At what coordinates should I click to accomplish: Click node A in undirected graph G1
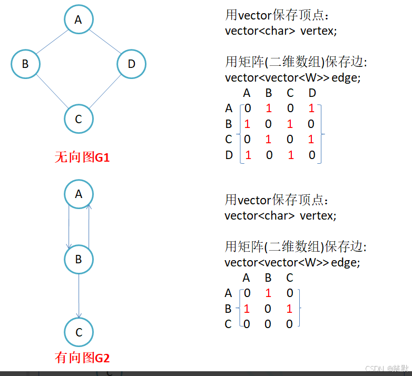tap(79, 19)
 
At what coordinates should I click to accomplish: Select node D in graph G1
tap(131, 64)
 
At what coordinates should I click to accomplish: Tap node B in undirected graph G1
tap(25, 64)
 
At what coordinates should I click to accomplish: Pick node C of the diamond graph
tap(79, 118)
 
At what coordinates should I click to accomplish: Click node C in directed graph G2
tap(79, 332)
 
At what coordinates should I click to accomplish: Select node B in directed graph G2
tap(79, 259)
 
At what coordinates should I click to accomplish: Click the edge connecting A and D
tap(105, 42)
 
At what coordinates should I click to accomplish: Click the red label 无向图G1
tap(82, 157)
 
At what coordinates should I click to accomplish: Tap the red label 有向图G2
tap(82, 358)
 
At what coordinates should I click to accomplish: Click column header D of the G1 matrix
tap(312, 94)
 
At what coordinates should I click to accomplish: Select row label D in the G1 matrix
tap(229, 155)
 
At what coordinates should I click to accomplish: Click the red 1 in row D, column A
tap(248, 155)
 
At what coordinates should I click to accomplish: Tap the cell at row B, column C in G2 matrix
tap(289, 309)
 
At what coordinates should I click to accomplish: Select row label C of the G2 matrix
tap(228, 324)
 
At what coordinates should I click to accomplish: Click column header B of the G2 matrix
tap(268, 278)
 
